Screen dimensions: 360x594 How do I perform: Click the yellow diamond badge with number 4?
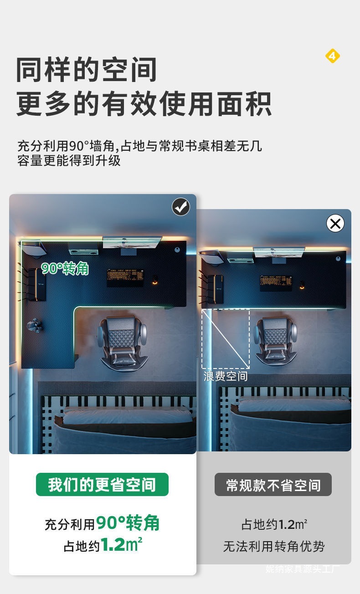pos(332,56)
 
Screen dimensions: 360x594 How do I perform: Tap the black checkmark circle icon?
pos(180,207)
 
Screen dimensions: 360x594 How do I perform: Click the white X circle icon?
pos(335,223)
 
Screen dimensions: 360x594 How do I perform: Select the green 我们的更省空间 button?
pos(102,484)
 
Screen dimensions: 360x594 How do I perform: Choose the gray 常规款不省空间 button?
pos(273,485)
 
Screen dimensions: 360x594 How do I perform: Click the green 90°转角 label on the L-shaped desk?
pos(65,268)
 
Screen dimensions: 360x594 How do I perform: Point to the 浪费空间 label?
pos(226,376)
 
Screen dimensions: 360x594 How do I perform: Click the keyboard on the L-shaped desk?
pos(125,277)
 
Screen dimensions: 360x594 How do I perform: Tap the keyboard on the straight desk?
pos(276,283)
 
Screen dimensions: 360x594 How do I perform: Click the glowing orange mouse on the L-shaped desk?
pos(154,280)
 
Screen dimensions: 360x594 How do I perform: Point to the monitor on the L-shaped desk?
pos(132,242)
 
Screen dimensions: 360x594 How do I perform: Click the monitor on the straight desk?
pos(279,252)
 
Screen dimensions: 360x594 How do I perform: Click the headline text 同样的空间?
pos(87,70)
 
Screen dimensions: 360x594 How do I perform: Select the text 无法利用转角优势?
pos(274,546)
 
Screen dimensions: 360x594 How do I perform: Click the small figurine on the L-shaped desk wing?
pos(35,325)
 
